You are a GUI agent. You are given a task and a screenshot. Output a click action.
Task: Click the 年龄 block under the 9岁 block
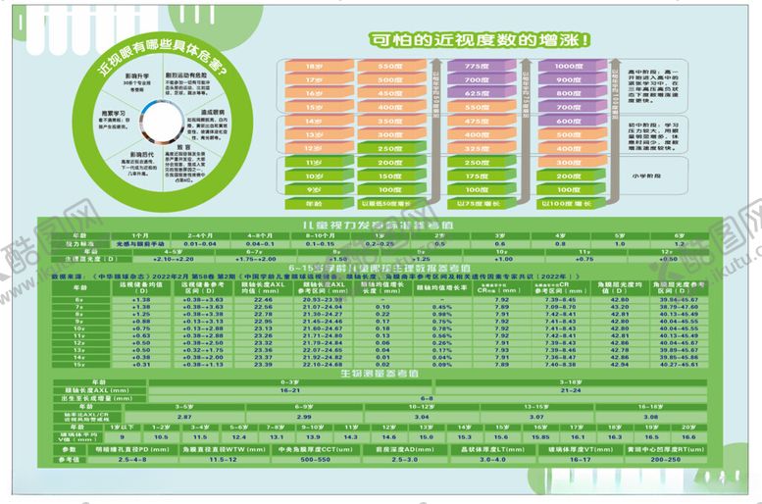314,204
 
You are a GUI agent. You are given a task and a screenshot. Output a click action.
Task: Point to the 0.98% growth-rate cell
442,314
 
